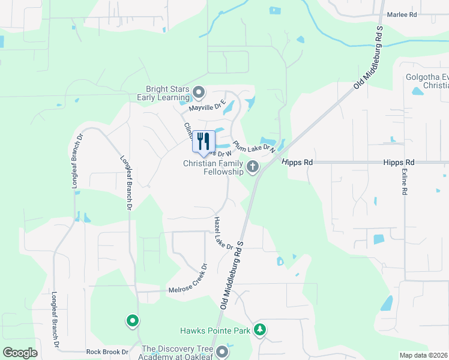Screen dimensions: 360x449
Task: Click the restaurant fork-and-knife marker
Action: click(x=203, y=142)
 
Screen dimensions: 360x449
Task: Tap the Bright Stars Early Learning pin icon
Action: click(x=199, y=93)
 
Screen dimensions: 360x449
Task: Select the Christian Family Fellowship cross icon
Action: click(x=253, y=167)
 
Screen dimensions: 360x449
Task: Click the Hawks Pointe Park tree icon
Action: click(x=260, y=329)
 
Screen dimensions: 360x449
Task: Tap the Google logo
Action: click(x=20, y=353)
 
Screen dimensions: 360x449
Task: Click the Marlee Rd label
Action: click(x=402, y=14)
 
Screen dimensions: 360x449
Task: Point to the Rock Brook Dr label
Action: click(x=107, y=352)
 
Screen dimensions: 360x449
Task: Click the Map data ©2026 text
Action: click(x=424, y=355)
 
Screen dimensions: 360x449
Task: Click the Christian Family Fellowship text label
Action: click(x=214, y=167)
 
